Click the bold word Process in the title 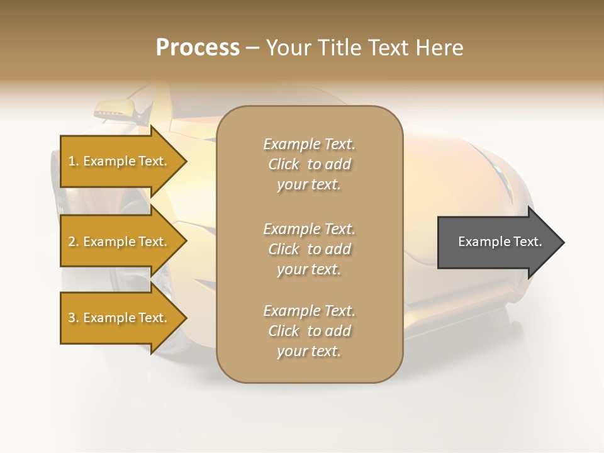(198, 48)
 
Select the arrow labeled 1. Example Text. (120, 161)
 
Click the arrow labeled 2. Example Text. (120, 242)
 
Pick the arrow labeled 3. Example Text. (120, 318)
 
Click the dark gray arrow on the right (497, 242)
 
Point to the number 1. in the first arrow (74, 161)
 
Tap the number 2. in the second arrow (74, 242)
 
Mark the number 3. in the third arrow (74, 318)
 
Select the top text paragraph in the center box (309, 164)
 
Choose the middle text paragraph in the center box (309, 249)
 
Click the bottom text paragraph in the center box (309, 331)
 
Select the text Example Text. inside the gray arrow (500, 242)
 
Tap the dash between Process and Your (252, 48)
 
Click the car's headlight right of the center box (497, 167)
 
